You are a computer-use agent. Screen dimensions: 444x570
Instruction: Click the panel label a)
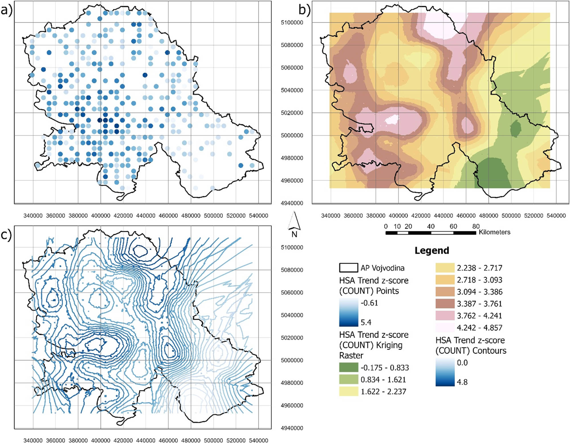click(7, 11)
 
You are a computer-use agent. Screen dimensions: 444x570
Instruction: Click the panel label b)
click(304, 10)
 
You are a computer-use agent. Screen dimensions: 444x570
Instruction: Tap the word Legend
click(431, 250)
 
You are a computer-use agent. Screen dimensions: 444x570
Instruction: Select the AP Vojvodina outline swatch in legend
click(348, 268)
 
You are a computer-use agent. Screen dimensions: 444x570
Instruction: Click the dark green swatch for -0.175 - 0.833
click(348, 367)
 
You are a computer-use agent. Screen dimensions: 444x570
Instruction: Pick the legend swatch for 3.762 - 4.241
click(445, 315)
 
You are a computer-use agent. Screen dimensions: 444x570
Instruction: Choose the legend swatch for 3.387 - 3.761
click(445, 303)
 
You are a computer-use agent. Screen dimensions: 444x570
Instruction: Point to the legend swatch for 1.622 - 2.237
click(348, 391)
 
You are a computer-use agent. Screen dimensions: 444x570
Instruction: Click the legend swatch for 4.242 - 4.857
click(445, 327)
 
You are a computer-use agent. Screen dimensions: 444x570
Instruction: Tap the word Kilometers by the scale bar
click(494, 232)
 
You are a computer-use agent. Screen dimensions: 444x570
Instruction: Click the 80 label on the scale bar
click(476, 226)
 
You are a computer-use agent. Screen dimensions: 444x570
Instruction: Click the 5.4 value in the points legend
click(366, 322)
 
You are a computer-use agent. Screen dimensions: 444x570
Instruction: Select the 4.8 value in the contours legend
click(462, 382)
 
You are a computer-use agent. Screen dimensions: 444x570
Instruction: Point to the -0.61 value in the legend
click(369, 303)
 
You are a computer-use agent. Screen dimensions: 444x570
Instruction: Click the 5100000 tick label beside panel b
click(292, 23)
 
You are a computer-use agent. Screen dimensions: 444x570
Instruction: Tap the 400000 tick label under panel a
click(101, 216)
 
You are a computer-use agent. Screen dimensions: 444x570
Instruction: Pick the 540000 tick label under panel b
click(556, 216)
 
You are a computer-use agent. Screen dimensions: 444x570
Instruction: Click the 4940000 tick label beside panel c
click(292, 428)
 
